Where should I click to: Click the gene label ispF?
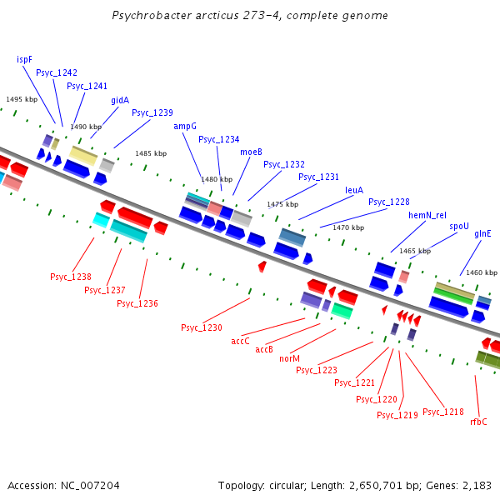(24, 60)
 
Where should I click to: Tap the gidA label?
(120, 100)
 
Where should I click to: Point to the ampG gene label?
(185, 126)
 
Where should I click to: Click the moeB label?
(251, 152)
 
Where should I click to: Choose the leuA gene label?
(354, 190)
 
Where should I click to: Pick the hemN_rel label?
(427, 215)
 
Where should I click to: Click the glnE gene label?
(482, 234)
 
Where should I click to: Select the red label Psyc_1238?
(71, 277)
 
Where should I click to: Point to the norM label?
(289, 358)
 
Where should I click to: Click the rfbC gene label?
(478, 422)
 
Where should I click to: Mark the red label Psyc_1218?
(443, 412)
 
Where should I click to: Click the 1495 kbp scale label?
(22, 99)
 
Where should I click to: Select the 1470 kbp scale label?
(347, 227)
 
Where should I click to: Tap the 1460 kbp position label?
(481, 272)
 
